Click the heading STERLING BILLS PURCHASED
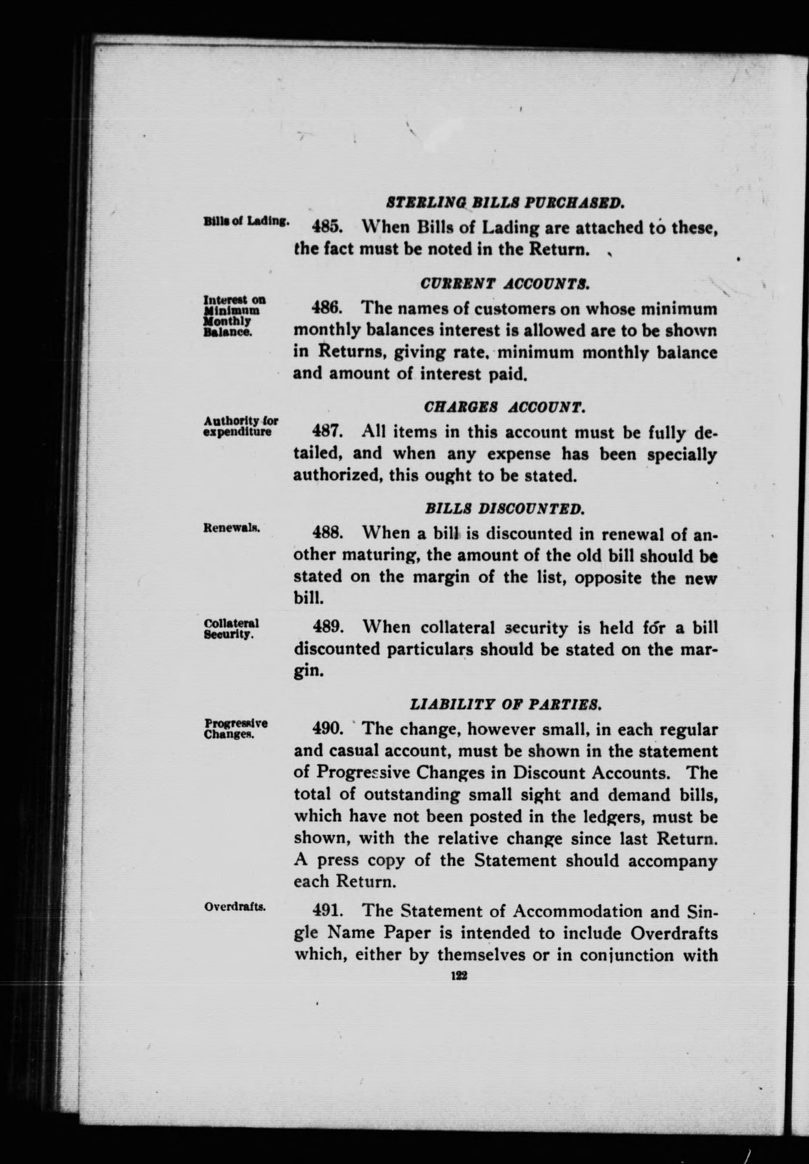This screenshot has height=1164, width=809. (504, 204)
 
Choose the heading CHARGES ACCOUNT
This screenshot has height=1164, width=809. (504, 407)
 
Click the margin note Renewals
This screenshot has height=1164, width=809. (232, 528)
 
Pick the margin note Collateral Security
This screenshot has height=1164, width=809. (231, 628)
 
